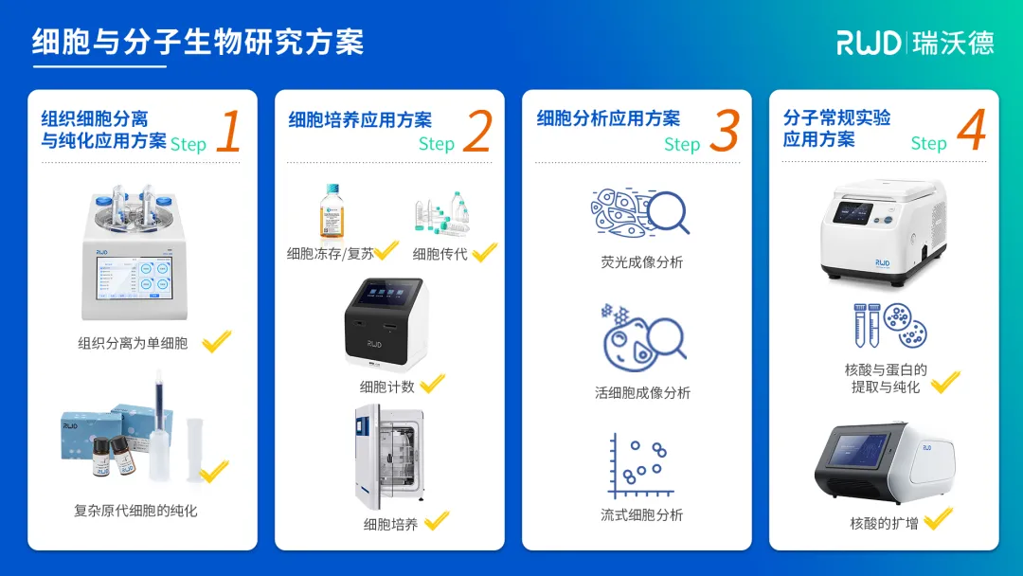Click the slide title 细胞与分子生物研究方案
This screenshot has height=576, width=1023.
coord(197,42)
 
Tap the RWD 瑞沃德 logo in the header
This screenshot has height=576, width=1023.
coord(914,42)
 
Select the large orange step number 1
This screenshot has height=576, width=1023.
coord(227,132)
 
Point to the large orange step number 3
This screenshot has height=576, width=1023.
coord(724,132)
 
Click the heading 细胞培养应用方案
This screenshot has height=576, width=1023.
coord(360,120)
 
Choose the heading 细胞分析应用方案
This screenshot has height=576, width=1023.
coord(608,118)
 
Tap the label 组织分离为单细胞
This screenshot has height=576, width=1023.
coord(133,343)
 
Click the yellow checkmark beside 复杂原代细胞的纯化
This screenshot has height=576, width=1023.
coord(215,470)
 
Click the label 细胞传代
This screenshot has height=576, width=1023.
coord(440,254)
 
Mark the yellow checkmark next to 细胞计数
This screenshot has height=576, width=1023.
coord(432,384)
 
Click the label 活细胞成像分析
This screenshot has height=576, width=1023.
coord(642,392)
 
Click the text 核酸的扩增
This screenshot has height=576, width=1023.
coord(884,523)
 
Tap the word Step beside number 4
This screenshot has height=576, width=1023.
coord(928,143)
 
